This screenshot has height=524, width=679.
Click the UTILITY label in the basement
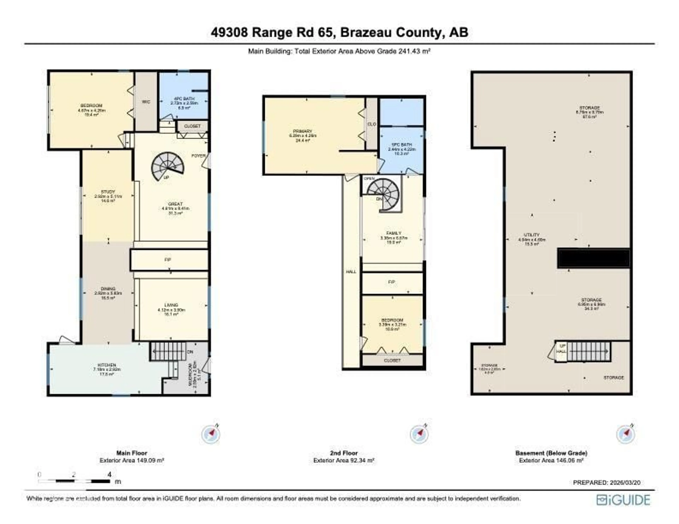[x=532, y=235]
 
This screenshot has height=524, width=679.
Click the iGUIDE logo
[x=623, y=500]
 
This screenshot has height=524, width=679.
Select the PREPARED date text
[x=607, y=483]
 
